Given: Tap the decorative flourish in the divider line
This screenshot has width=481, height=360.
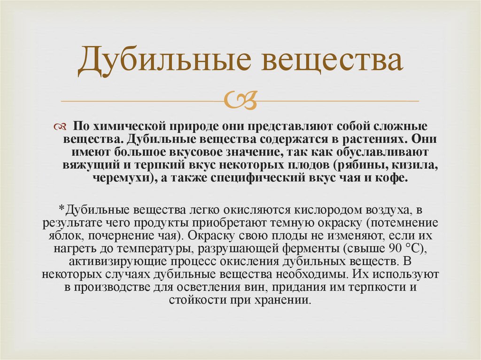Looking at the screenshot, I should (240, 100).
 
